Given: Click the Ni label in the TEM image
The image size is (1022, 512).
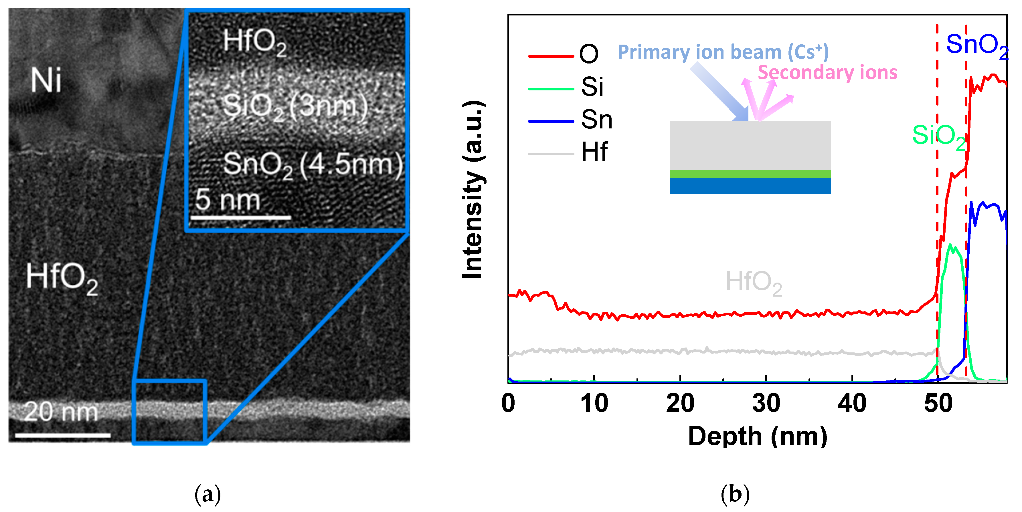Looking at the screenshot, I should click(x=46, y=80).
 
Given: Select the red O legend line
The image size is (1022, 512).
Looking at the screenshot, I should click(x=551, y=56).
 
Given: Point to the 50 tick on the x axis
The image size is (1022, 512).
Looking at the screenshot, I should click(x=938, y=404).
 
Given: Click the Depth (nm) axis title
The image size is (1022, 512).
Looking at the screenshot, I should click(x=757, y=437).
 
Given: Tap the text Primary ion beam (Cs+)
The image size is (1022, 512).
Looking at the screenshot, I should click(x=723, y=52).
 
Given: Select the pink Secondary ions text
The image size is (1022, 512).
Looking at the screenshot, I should click(x=827, y=73).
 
